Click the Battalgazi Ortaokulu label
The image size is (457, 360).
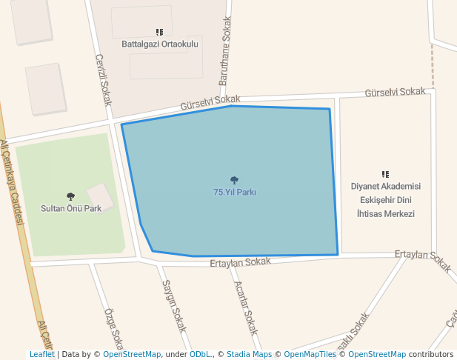(x=160, y=44)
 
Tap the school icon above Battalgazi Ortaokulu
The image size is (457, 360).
(x=159, y=32)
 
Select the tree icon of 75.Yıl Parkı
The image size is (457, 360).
(x=234, y=180)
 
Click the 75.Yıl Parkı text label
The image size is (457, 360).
(x=235, y=192)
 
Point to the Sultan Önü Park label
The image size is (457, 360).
(x=71, y=208)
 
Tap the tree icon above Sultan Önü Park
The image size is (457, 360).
(x=70, y=196)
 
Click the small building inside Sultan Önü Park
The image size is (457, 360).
(x=100, y=197)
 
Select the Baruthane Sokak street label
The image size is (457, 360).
(x=226, y=50)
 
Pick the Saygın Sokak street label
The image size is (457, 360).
(x=174, y=304)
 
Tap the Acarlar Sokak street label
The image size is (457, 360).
(x=246, y=307)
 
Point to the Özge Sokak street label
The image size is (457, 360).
(x=113, y=329)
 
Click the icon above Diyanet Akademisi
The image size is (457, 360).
(x=385, y=174)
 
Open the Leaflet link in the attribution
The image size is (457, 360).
(x=41, y=354)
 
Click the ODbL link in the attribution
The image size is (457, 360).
(x=200, y=354)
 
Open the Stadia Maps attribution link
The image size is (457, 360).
(x=249, y=354)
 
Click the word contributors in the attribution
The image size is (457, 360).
(x=431, y=354)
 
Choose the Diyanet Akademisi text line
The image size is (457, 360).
(x=385, y=187)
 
